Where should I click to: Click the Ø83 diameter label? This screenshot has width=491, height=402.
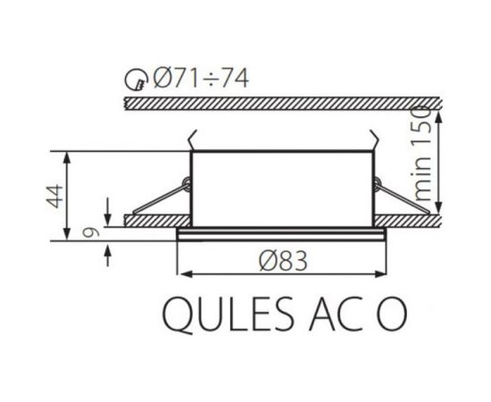click(283, 261)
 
